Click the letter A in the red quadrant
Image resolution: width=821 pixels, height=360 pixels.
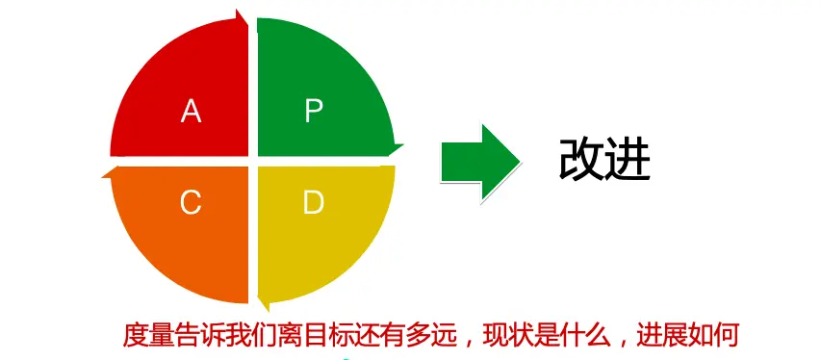(192, 113)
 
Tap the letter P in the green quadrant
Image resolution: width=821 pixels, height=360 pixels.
(314, 112)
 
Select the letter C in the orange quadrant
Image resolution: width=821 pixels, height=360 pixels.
(191, 202)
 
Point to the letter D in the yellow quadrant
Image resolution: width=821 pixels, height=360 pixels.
(313, 202)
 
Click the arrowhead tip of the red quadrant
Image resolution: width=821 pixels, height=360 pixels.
(247, 17)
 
